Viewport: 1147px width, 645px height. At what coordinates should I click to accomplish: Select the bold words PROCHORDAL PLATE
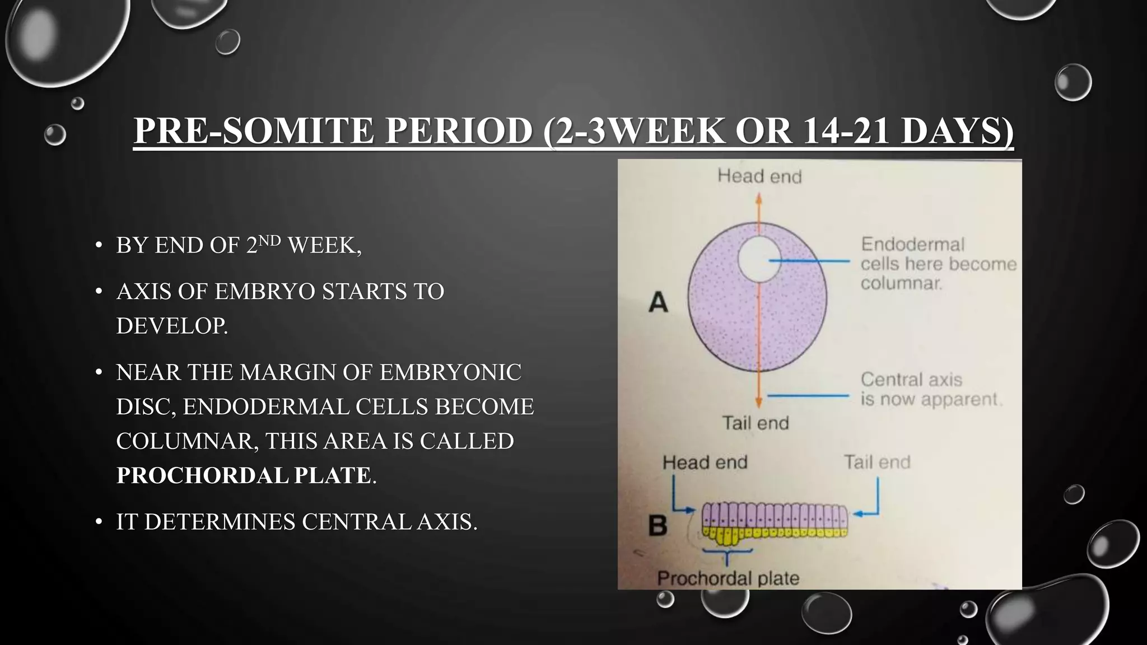[244, 475]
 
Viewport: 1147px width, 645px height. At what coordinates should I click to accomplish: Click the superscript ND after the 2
[269, 241]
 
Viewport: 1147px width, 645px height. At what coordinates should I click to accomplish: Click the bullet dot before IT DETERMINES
[99, 522]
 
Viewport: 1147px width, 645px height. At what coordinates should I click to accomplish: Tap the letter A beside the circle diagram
[658, 303]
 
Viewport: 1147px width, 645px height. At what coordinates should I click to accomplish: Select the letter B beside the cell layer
[658, 525]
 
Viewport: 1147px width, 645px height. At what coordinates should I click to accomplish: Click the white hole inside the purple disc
[758, 259]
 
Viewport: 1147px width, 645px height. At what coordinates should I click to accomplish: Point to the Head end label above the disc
[759, 176]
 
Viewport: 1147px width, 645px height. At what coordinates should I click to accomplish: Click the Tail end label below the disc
[755, 423]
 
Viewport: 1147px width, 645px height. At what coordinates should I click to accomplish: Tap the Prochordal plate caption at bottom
[728, 578]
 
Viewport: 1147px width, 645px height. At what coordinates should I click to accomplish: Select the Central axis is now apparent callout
[930, 389]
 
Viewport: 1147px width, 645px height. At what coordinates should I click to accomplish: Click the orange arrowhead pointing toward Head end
[758, 198]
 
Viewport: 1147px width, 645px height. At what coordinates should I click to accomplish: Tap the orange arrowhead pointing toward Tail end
[758, 401]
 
